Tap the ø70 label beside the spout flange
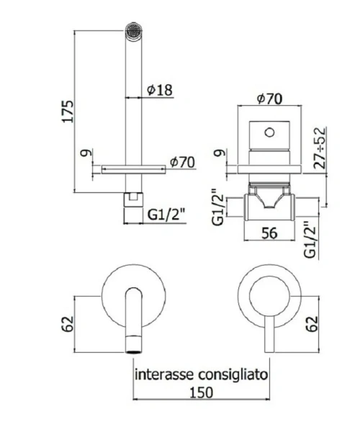pos(181,163)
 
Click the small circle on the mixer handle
pos(269,132)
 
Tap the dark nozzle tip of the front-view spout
pos(132,345)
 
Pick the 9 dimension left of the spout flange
pos(85,153)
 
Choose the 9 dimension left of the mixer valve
pos(218,153)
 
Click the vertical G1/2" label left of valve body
pos(218,206)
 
